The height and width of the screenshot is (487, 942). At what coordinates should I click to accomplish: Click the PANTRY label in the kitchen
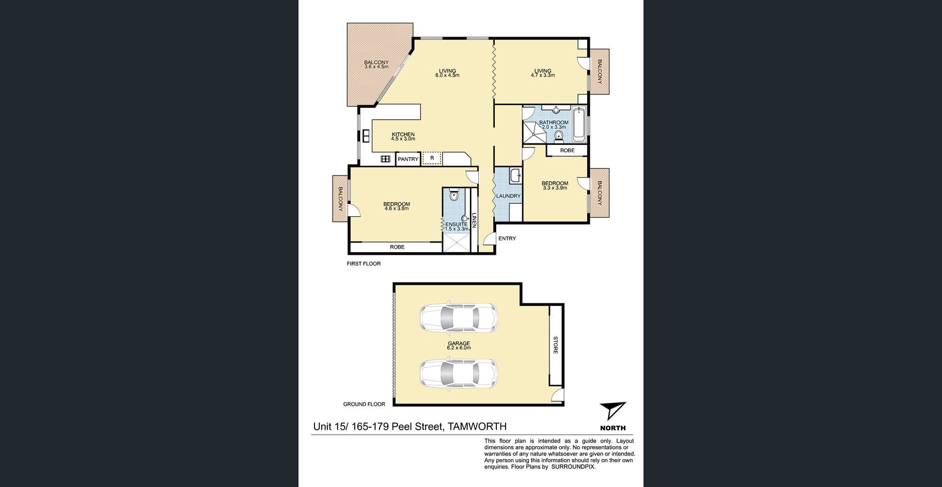tap(408, 159)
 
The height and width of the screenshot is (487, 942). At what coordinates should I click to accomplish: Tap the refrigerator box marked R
tap(432, 158)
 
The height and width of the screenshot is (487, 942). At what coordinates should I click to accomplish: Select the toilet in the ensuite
tap(454, 194)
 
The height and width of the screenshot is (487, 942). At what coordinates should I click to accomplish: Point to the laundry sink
tap(515, 176)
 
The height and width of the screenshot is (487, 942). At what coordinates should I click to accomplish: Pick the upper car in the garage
tap(459, 318)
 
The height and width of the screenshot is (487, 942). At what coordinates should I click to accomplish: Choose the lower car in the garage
tap(459, 374)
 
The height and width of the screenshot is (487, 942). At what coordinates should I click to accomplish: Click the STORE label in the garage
tap(556, 345)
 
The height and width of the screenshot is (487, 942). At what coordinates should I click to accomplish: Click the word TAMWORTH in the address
tap(477, 427)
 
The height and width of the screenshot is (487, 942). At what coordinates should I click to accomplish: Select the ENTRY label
tap(507, 238)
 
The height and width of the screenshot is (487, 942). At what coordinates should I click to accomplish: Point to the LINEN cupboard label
tap(474, 221)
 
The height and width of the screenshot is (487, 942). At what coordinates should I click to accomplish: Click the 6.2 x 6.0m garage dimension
tap(459, 348)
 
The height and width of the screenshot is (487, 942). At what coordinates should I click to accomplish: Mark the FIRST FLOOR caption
tap(364, 264)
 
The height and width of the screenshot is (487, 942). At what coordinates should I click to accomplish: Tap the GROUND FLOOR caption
tap(364, 404)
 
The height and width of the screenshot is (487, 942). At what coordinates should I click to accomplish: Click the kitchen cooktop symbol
tap(385, 159)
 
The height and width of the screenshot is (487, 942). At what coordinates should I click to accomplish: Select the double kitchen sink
tap(366, 136)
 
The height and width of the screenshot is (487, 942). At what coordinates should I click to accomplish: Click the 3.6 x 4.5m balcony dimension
tap(376, 67)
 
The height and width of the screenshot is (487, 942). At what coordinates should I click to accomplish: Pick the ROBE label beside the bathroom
tap(567, 151)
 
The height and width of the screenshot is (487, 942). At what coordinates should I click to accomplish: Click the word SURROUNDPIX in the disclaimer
tap(573, 467)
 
